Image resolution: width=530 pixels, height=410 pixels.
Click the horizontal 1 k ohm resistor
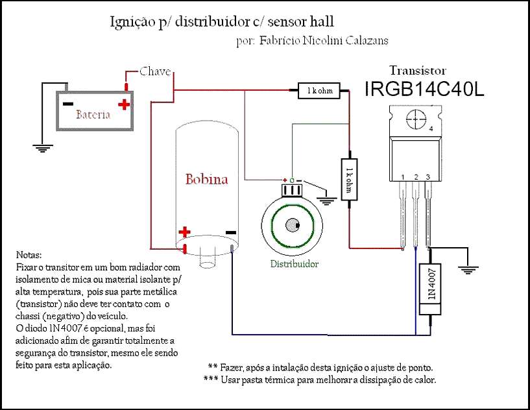(319, 90)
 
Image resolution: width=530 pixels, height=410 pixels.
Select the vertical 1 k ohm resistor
(349, 179)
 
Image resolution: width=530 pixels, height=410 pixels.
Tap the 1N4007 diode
(430, 289)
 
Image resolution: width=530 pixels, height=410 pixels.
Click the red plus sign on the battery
(124, 104)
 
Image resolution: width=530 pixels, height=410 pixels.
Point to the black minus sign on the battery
(67, 104)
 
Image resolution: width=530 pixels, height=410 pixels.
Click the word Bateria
(93, 115)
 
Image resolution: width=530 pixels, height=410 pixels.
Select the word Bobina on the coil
(206, 179)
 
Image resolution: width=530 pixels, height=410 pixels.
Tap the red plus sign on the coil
(184, 232)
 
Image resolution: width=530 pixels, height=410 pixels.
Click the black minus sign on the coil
(231, 232)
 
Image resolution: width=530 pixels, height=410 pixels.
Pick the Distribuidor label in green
(295, 263)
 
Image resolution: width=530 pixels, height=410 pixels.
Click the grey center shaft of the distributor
(293, 226)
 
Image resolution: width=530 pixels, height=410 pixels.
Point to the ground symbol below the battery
(43, 149)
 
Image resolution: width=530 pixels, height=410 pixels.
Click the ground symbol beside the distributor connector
(326, 200)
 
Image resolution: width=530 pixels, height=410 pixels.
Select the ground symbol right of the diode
(468, 270)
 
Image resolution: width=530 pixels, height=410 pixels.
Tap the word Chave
(155, 71)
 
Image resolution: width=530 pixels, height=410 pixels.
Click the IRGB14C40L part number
(424, 89)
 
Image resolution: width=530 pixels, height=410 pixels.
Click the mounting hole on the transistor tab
(416, 119)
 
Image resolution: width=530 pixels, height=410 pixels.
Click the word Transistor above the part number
(418, 70)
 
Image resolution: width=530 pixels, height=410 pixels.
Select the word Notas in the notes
(29, 254)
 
